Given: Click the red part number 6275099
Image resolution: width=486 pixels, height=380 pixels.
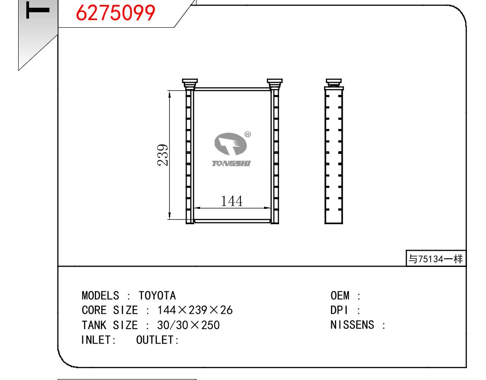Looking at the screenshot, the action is [x=115, y=13].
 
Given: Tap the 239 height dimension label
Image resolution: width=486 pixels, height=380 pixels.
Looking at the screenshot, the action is [x=163, y=155].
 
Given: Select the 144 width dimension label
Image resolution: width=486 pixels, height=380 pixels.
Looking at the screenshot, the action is [x=231, y=201].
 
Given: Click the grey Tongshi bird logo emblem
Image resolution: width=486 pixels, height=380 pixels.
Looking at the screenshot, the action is [x=231, y=143].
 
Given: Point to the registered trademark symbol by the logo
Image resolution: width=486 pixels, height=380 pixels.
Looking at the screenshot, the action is [x=248, y=134].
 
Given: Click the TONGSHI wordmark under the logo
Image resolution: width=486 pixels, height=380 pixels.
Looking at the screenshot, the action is [x=231, y=163].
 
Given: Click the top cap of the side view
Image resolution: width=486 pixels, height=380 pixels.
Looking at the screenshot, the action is [x=334, y=84].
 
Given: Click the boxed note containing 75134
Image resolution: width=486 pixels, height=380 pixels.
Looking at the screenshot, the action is [x=436, y=258].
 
